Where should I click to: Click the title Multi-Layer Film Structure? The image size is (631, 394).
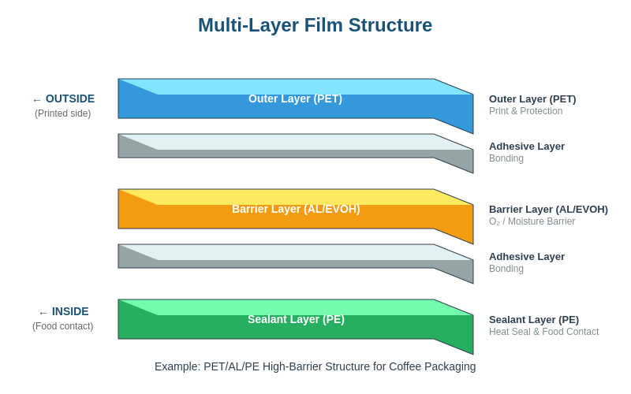point(315,25)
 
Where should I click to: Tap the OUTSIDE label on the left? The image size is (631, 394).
point(69,98)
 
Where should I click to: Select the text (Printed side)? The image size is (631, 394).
point(62,113)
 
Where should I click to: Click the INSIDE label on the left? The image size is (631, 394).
point(70,311)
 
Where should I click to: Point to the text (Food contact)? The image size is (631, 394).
point(62,326)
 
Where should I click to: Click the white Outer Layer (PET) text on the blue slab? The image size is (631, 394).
point(295,98)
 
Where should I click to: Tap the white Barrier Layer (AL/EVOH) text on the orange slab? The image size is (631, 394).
point(296,209)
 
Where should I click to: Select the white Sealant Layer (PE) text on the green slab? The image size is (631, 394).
point(296,319)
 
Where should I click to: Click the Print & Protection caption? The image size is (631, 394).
point(525,111)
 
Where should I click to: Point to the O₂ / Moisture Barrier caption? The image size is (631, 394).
point(532,221)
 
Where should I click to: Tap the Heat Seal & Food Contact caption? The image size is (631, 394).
point(543,332)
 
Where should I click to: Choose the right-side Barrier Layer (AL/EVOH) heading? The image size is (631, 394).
point(548,209)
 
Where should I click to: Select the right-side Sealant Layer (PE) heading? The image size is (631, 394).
point(534,319)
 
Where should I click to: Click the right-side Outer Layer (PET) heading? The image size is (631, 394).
point(532,98)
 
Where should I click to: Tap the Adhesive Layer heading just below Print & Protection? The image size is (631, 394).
point(527,146)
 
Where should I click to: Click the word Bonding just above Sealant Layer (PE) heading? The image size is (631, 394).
point(506,269)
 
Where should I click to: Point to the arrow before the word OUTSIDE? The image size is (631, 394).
point(37,100)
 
